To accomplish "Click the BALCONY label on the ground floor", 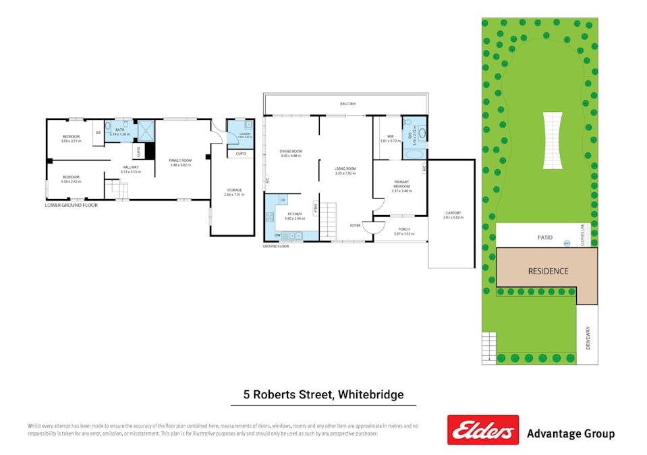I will [347, 104].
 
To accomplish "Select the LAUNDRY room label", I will [240, 134].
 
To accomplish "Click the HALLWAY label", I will [130, 167].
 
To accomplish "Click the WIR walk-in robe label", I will [390, 137].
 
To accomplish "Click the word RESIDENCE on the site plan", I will [547, 272].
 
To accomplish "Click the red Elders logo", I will [482, 430].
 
